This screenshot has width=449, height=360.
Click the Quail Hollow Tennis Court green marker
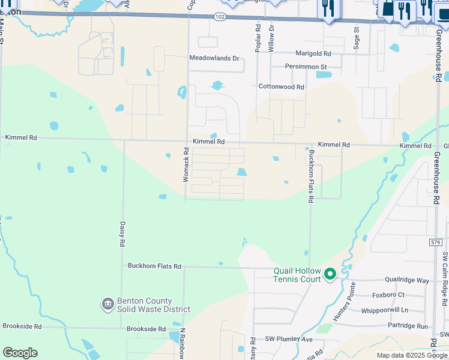(x=330, y=274)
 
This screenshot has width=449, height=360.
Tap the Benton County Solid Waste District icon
(x=108, y=305)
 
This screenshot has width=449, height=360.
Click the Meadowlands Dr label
(x=214, y=59)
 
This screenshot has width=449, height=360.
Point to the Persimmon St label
(x=306, y=67)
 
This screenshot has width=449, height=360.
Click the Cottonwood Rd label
(x=282, y=87)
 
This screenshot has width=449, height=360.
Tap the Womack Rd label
(x=186, y=166)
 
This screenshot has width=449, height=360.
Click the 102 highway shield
(x=220, y=17)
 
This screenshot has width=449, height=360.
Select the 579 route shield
(x=436, y=242)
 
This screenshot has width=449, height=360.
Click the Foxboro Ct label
(x=388, y=295)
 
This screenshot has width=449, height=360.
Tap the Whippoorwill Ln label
(x=384, y=310)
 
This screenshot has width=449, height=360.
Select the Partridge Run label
(x=408, y=326)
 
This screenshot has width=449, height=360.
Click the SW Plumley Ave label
(x=290, y=340)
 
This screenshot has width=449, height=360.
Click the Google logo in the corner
(x=20, y=353)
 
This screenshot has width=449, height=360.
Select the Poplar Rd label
(x=258, y=39)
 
